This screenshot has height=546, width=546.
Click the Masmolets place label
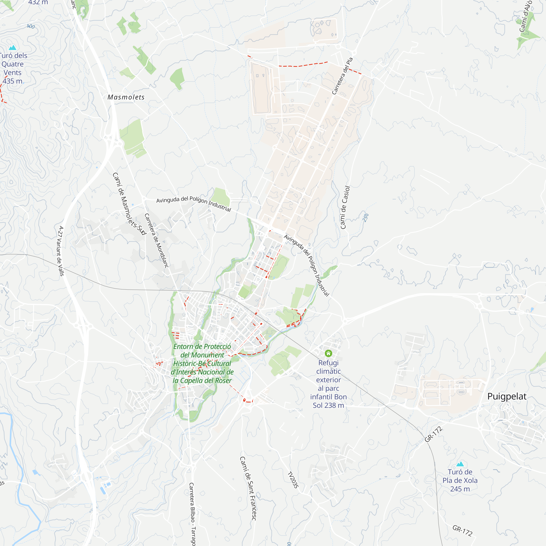[126, 97]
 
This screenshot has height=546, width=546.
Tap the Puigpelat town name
[507, 396]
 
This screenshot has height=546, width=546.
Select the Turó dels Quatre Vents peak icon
[13, 48]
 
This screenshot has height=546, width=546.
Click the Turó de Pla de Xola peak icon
[460, 464]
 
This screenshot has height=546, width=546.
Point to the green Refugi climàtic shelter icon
[328, 353]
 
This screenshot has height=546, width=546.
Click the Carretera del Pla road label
[342, 76]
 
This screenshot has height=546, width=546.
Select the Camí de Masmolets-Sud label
[129, 203]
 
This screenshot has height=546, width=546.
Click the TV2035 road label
[293, 480]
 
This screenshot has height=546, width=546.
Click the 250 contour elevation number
[366, 218]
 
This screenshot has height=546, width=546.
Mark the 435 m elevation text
[13, 81]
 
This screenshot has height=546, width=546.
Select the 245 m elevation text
[460, 489]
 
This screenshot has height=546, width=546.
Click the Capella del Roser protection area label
[202, 363]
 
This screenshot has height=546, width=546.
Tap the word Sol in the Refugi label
[318, 405]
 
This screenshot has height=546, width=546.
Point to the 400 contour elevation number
[31, 26]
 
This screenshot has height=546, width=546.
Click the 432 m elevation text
[38, 2]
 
